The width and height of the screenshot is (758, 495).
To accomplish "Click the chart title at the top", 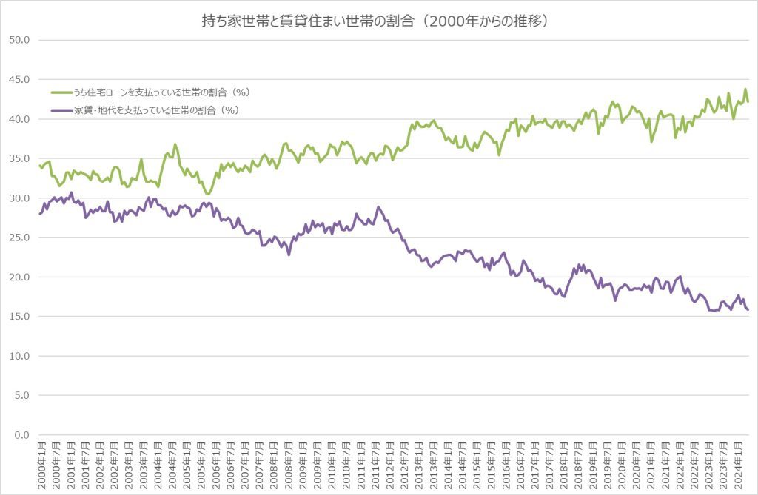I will pyautogui.click(x=378, y=21).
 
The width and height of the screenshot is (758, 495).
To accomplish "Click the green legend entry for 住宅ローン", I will pyautogui.click(x=159, y=92).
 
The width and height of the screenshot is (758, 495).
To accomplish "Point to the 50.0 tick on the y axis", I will pyautogui.click(x=17, y=40).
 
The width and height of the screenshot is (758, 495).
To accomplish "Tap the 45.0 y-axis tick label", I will pyautogui.click(x=17, y=79).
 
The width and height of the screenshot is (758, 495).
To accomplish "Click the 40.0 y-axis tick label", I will pyautogui.click(x=17, y=119).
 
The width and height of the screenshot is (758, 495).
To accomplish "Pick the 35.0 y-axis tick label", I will pyautogui.click(x=17, y=158).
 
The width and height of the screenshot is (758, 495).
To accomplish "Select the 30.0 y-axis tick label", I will pyautogui.click(x=17, y=198).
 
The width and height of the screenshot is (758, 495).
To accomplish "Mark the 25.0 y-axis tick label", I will pyautogui.click(x=17, y=238).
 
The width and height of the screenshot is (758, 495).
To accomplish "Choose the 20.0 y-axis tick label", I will pyautogui.click(x=17, y=277).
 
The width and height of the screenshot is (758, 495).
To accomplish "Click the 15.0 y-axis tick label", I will pyautogui.click(x=17, y=317).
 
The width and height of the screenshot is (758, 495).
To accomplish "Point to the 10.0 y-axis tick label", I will pyautogui.click(x=17, y=356).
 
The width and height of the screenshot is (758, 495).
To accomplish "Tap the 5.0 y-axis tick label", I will pyautogui.click(x=19, y=395).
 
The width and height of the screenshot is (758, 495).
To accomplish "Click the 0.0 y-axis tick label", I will pyautogui.click(x=19, y=435).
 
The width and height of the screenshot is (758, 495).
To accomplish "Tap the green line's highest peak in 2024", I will pyautogui.click(x=745, y=90).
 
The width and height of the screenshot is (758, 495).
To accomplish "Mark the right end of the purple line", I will pyautogui.click(x=748, y=310).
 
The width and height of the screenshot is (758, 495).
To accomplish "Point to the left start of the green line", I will pyautogui.click(x=39, y=165).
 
